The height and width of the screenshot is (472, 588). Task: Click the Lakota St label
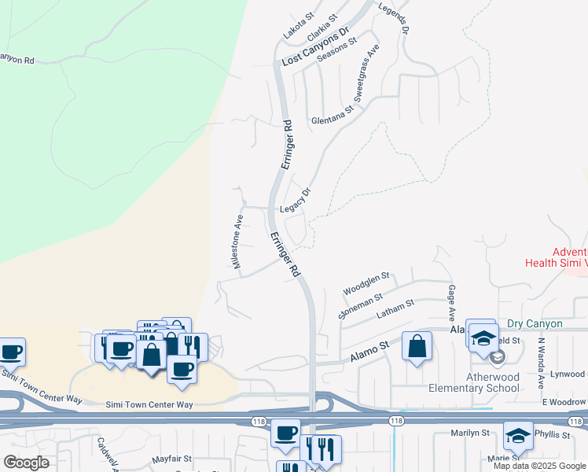pos(299,31)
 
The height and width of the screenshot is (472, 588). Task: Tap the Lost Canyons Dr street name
pos(314,49)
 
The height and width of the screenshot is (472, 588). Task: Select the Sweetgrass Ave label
pos(366,79)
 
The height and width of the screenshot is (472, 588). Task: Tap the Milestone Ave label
pos(237,242)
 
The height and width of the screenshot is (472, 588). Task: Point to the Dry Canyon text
pos(535,323)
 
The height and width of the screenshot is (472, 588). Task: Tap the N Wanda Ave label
pos(542,363)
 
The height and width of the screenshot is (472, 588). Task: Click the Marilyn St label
pos(470,433)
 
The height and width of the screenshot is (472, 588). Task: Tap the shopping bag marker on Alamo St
pos(417,346)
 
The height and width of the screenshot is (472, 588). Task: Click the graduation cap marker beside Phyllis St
pos(518,436)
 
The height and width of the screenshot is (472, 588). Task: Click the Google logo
pos(27,463)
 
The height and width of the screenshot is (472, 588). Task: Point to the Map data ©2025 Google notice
pos(540,466)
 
